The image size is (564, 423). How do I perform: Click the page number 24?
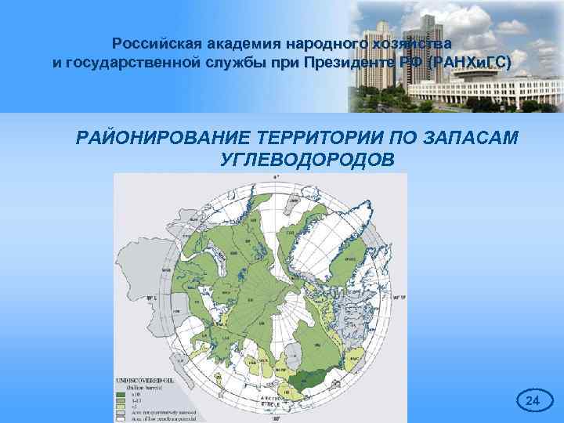[x=533, y=401]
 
